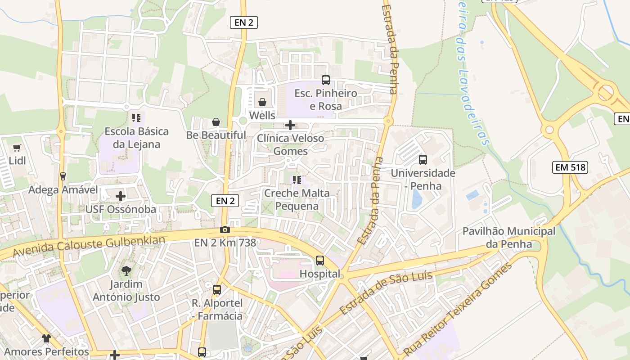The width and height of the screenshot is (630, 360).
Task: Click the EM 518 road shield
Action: pyautogui.click(x=570, y=167)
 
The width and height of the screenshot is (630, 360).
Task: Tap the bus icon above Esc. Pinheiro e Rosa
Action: pyautogui.click(x=325, y=80)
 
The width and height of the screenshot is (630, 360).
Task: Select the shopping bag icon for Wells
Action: pyautogui.click(x=262, y=102)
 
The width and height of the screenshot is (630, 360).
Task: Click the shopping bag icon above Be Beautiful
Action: pyautogui.click(x=216, y=122)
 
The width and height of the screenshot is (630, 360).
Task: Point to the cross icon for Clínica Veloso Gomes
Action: pyautogui.click(x=290, y=125)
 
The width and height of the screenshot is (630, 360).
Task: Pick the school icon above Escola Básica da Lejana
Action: pyautogui.click(x=136, y=118)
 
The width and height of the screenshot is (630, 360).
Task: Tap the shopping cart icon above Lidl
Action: pyautogui.click(x=17, y=148)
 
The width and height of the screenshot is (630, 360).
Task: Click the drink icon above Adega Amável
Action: pyautogui.click(x=63, y=176)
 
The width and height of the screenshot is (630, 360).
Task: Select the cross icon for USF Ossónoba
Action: pyautogui.click(x=120, y=196)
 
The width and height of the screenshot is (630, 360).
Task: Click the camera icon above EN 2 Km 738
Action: pyautogui.click(x=225, y=229)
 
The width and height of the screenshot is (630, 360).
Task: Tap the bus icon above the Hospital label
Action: pyautogui.click(x=319, y=260)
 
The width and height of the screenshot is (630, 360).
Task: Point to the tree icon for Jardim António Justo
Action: pyautogui.click(x=126, y=270)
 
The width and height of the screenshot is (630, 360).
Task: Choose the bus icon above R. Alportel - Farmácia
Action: pyautogui.click(x=217, y=289)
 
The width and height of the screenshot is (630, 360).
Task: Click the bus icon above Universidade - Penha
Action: pyautogui.click(x=423, y=159)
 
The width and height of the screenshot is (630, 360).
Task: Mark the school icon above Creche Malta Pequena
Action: pyautogui.click(x=297, y=180)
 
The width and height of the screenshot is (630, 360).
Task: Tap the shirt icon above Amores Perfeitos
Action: pyautogui.click(x=46, y=338)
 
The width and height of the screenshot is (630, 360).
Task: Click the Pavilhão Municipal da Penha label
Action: pyautogui.click(x=509, y=238)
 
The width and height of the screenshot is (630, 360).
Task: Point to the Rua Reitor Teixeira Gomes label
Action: pyautogui.click(x=458, y=310)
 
